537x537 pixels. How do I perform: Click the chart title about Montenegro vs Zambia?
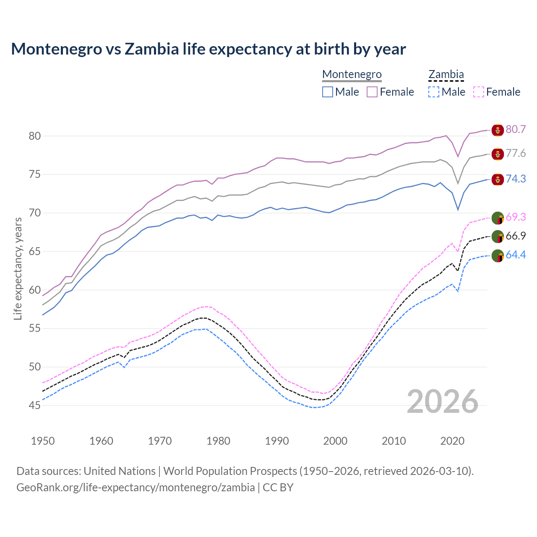tap(208, 49)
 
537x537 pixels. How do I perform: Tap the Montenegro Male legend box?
tap(328, 92)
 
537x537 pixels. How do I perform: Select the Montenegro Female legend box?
tap(372, 92)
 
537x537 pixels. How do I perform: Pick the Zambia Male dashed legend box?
tap(434, 92)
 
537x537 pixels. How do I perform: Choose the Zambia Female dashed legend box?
tap(479, 92)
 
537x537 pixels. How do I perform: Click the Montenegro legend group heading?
tap(352, 74)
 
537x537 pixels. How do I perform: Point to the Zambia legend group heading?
tap(446, 74)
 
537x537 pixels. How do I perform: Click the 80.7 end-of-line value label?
tap(516, 129)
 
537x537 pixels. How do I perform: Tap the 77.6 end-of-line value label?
tap(516, 154)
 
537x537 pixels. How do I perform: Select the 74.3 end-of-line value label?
tap(516, 179)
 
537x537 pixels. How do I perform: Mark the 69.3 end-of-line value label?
tap(516, 217)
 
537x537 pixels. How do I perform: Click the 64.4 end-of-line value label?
tap(516, 255)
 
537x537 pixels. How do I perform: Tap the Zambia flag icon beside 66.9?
tap(498, 237)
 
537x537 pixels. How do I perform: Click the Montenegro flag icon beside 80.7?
tap(498, 130)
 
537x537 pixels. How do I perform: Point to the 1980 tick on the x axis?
tap(219, 441)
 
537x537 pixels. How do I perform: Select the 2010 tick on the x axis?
tap(394, 441)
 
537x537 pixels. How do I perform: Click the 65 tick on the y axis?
tap(34, 252)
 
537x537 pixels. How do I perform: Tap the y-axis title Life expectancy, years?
tap(18, 268)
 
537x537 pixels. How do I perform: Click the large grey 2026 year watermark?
tap(443, 401)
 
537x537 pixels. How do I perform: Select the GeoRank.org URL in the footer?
tap(136, 487)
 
